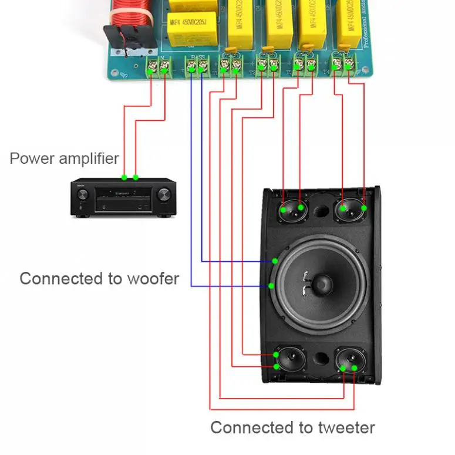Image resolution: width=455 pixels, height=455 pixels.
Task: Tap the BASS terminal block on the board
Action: pyautogui.click(x=196, y=66)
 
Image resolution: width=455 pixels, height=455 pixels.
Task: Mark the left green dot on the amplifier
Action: pyautogui.click(x=124, y=177)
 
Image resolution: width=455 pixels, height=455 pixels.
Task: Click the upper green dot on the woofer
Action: pyautogui.click(x=275, y=261)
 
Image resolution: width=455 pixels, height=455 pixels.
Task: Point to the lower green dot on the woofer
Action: pyautogui.click(x=271, y=286)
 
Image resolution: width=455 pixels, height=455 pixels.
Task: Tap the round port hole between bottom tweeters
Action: pyautogui.click(x=321, y=358)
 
